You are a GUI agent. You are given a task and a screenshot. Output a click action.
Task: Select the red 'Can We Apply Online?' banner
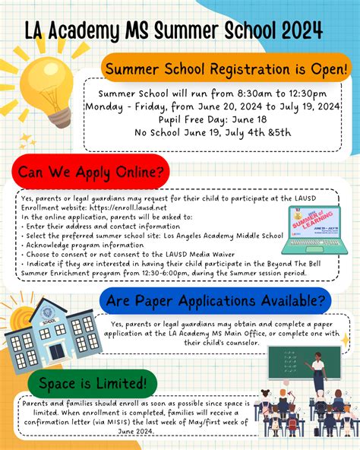coord(90,172)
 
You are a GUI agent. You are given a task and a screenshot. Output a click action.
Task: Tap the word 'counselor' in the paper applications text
coord(235,343)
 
